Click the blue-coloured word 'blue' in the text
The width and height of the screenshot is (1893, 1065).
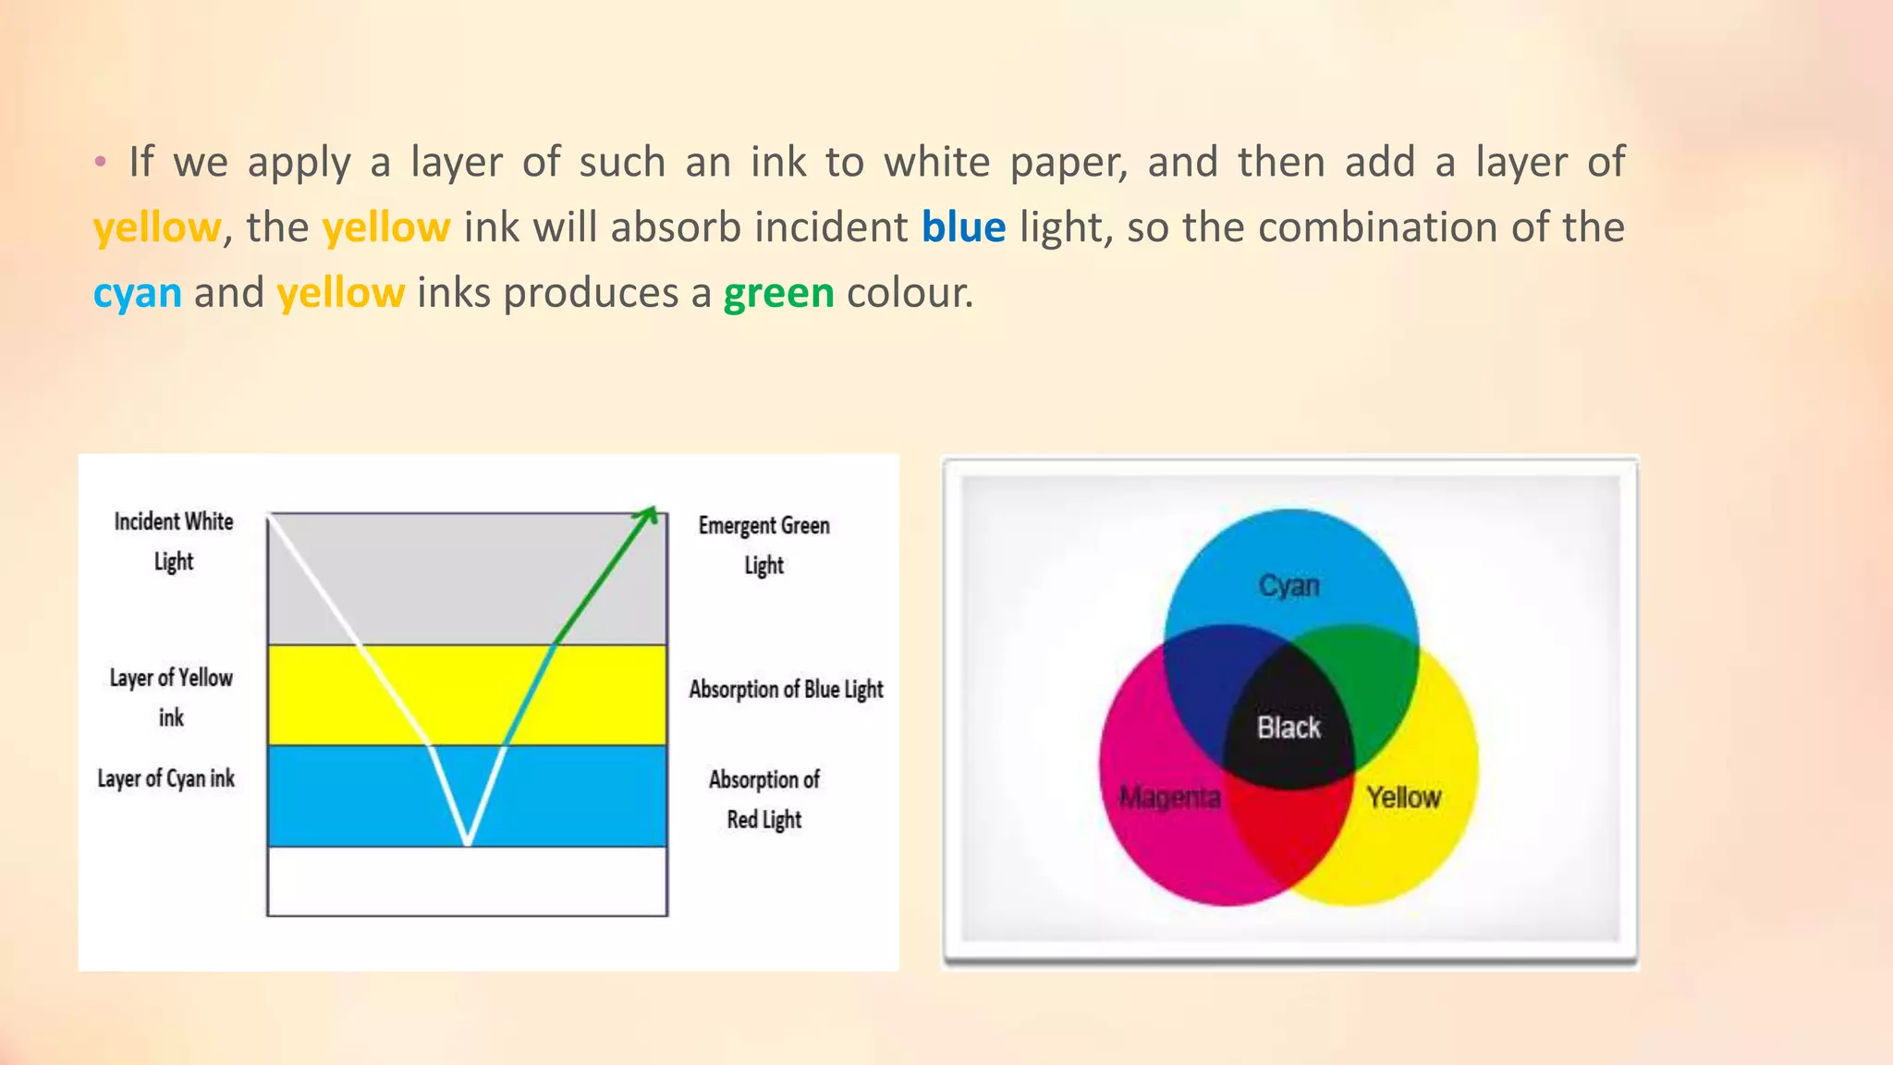pyautogui.click(x=963, y=227)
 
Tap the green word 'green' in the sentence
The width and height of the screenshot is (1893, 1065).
pyautogui.click(x=778, y=293)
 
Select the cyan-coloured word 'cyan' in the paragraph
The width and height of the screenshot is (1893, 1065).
pyautogui.click(x=138, y=293)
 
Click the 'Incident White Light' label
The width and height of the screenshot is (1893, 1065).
pyautogui.click(x=174, y=541)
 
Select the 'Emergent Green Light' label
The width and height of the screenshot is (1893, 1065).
pyautogui.click(x=763, y=545)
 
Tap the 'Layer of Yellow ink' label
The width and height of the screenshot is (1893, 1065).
pyautogui.click(x=171, y=697)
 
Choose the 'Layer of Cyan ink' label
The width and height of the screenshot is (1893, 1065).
pyautogui.click(x=166, y=778)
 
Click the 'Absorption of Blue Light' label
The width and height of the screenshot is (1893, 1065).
pyautogui.click(x=786, y=690)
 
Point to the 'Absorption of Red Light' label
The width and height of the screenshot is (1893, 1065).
pyautogui.click(x=764, y=799)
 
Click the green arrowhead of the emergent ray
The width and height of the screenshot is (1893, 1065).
pyautogui.click(x=651, y=514)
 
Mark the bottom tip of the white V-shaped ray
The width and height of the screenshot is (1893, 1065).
pyautogui.click(x=468, y=840)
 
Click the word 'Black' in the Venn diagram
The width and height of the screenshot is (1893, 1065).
pyautogui.click(x=1288, y=728)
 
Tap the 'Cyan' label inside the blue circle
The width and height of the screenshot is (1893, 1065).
pyautogui.click(x=1288, y=585)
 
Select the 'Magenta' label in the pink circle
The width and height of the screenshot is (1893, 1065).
pyautogui.click(x=1169, y=797)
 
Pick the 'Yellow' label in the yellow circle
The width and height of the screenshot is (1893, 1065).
pyautogui.click(x=1403, y=797)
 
